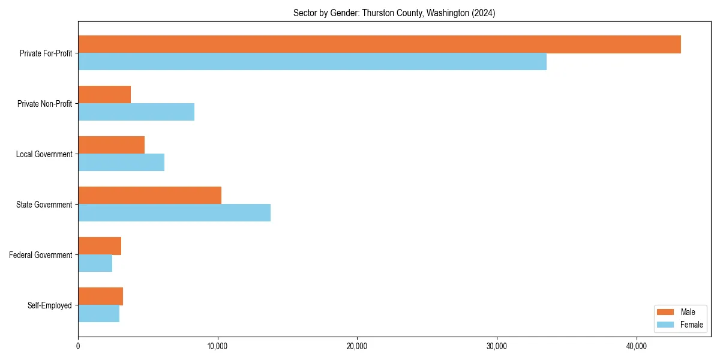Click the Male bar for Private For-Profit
click(379, 44)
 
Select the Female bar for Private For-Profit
click(312, 62)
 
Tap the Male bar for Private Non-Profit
click(104, 95)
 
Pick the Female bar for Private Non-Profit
click(136, 112)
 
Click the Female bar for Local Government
click(121, 163)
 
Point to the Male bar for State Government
click(149, 196)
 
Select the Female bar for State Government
click(174, 213)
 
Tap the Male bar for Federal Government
click(100, 246)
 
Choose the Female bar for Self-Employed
click(98, 314)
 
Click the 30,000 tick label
click(496, 346)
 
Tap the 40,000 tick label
click(636, 346)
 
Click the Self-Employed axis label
click(50, 305)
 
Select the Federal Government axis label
click(41, 255)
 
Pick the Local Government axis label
click(44, 154)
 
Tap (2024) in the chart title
click(484, 13)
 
